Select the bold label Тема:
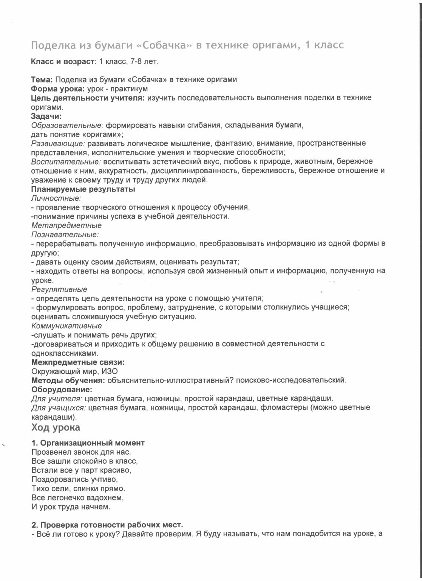(x=42, y=79)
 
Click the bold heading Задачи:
(x=46, y=116)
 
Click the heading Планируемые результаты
(x=83, y=189)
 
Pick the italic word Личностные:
(x=56, y=198)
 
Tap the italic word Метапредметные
(x=66, y=225)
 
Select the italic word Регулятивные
(x=59, y=289)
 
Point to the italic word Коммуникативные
(x=66, y=326)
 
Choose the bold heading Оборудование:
(x=62, y=389)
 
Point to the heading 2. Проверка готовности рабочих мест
(x=107, y=525)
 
